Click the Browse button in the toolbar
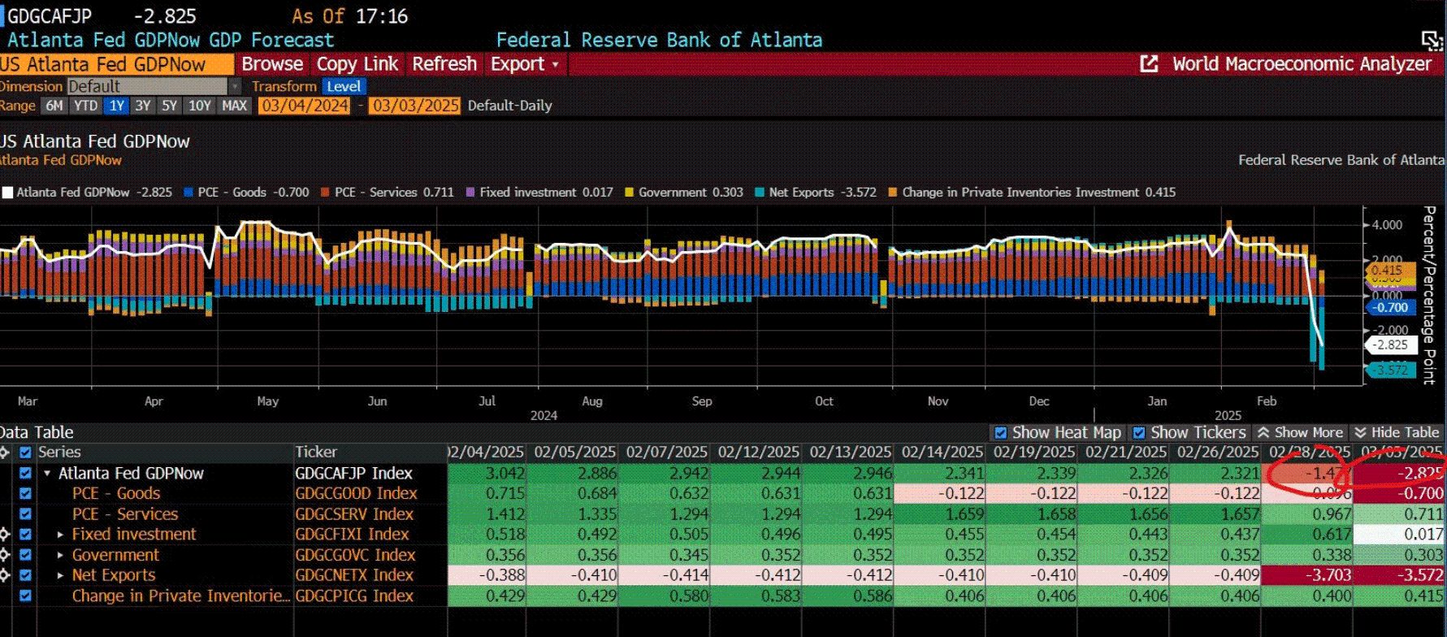pos(272,64)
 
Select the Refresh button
pos(444,64)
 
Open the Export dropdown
pos(524,64)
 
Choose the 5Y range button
pos(169,106)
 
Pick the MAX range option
pos(235,106)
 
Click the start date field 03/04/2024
pos(304,106)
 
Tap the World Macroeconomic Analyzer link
pos(1301,64)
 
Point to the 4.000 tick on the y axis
pos(1387,225)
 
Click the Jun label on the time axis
pos(377,401)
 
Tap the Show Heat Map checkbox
pos(1000,433)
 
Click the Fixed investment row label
pos(134,535)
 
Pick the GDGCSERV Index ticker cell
pos(354,514)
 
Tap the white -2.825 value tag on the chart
pos(1390,345)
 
